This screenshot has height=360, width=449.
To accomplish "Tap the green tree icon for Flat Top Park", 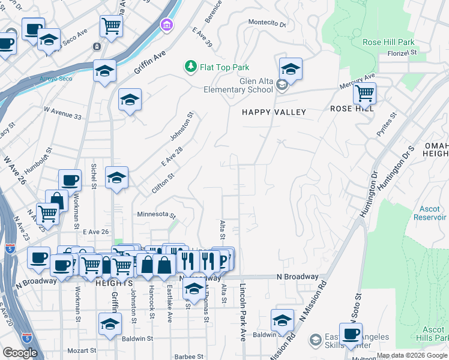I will (191, 66).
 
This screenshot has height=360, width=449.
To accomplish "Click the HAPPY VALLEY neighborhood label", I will (274, 112).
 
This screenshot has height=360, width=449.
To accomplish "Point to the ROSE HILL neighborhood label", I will (352, 109).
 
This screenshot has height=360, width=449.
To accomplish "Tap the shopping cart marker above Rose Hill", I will (364, 94).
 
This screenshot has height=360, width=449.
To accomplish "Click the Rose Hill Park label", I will (388, 43).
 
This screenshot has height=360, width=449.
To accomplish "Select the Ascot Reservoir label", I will (430, 213).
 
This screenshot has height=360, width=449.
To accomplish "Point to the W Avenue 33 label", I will (62, 116).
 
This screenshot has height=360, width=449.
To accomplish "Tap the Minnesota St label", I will (155, 215).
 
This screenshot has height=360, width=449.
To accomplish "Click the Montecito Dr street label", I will (268, 23).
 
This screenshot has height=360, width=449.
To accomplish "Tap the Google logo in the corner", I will (20, 353).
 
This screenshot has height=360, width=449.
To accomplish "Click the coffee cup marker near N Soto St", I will (351, 334).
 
